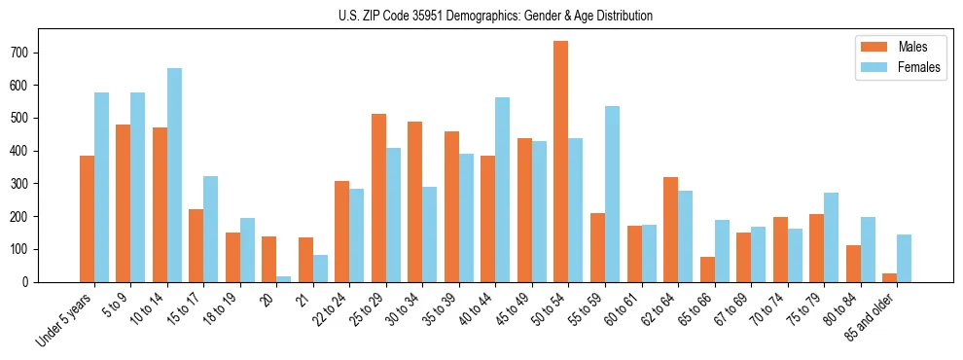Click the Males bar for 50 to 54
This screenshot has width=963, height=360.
coord(561,162)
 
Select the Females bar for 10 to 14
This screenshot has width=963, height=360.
coord(174,175)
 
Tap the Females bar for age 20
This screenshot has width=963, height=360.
coord(283,278)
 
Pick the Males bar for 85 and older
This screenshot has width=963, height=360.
coord(889,277)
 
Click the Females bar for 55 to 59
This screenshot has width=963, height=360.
coord(612,194)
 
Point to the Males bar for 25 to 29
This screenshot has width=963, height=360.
coord(378,198)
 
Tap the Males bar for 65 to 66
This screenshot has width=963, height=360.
coord(707,270)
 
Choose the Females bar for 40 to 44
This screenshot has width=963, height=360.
coord(503,190)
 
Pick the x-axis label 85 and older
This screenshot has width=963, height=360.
coord(868,317)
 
